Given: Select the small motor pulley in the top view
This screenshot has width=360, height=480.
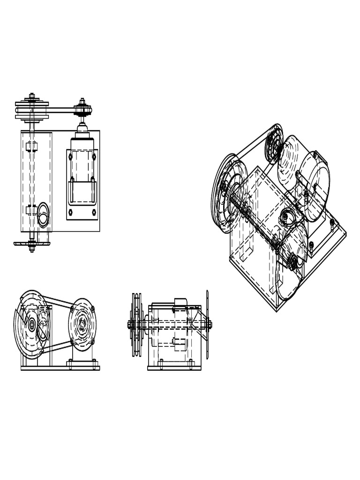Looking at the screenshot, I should [x=82, y=111].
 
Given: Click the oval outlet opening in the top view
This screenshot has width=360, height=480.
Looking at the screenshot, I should [x=43, y=215].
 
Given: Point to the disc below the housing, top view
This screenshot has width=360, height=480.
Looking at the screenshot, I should [x=31, y=244].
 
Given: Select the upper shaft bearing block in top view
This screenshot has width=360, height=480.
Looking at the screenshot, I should [x=31, y=147].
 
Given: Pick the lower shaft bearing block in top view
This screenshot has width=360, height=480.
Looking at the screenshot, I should [x=31, y=210].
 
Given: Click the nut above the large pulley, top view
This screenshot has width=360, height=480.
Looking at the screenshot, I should [x=32, y=97].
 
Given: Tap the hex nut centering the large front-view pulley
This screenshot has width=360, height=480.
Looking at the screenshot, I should [x=32, y=324].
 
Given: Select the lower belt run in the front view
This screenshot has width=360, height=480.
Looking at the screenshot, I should [x=58, y=346].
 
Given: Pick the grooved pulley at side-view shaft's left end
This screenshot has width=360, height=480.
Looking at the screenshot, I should [x=136, y=324].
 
